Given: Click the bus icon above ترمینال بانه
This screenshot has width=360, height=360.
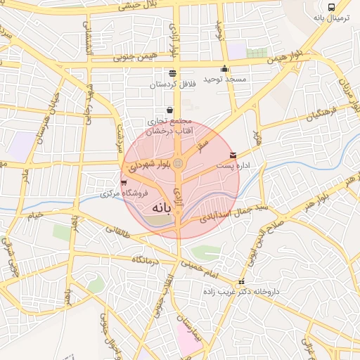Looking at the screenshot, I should (332, 7).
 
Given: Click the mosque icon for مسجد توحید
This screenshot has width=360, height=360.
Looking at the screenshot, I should (225, 68).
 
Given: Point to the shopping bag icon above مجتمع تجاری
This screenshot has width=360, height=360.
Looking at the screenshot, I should (170, 110).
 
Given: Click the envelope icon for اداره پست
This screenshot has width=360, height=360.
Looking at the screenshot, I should (233, 155).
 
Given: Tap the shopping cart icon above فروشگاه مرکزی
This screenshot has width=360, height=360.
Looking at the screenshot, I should (124, 183).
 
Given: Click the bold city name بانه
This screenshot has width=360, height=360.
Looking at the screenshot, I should (161, 208).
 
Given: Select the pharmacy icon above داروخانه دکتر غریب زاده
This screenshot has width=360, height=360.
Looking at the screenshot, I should (242, 281).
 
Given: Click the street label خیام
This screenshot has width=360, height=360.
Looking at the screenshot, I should (34, 214).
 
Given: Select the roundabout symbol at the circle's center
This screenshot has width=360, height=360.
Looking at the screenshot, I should (179, 164).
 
